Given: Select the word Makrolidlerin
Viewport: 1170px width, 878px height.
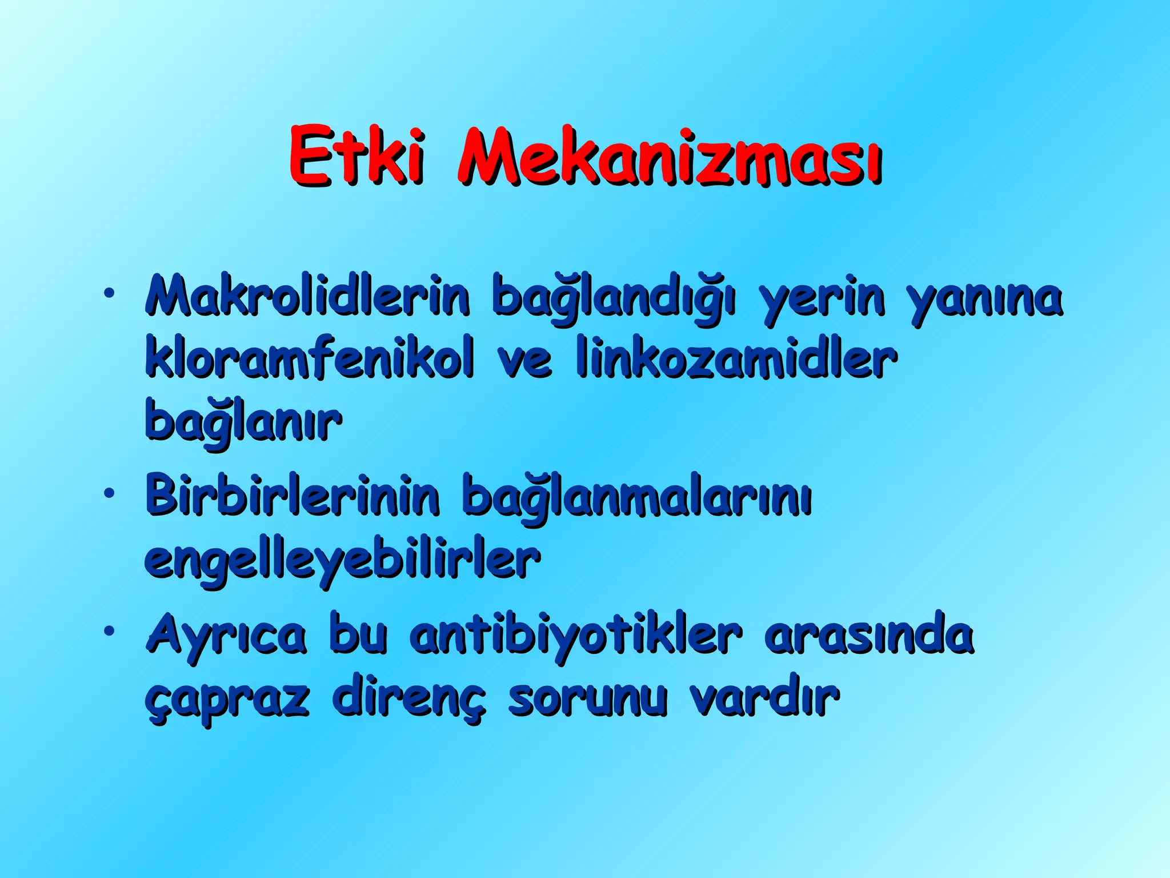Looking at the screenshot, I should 308,296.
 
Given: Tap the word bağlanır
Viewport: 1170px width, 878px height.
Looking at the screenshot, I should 243,422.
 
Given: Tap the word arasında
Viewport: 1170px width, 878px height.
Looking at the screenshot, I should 869,635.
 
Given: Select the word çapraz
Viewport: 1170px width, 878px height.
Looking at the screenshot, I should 227,700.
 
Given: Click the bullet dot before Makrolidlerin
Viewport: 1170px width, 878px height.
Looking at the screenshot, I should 109,294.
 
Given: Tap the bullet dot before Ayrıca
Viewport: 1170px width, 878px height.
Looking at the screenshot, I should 109,631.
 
